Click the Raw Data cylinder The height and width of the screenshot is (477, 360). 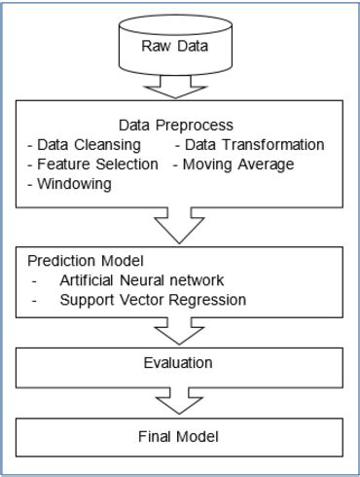tap(181, 47)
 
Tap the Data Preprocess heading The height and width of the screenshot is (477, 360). tap(181, 126)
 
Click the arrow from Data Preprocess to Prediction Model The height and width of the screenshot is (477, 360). tap(181, 227)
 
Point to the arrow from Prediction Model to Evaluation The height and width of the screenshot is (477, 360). tap(181, 333)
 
